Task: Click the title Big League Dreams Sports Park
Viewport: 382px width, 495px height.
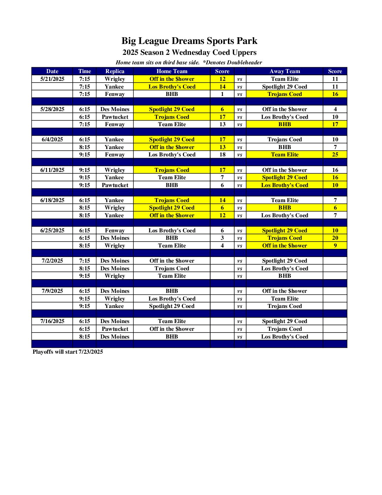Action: (189, 41)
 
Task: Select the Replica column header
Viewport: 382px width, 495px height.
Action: (115, 71)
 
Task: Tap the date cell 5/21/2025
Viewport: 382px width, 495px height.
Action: (52, 79)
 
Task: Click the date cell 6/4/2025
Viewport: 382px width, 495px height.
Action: (52, 140)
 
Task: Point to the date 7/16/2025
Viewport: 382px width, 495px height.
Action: (52, 321)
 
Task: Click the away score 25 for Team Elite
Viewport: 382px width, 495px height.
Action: (335, 155)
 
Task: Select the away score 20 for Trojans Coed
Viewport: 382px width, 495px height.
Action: (335, 238)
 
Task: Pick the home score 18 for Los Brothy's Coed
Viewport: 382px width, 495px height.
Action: (222, 155)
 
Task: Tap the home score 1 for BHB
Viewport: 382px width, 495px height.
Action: (222, 94)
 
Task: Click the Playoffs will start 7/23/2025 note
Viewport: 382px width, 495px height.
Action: (68, 352)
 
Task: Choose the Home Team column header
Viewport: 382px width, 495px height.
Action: (172, 71)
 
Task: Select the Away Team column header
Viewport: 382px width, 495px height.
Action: (284, 71)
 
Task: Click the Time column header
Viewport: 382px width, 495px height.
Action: (85, 71)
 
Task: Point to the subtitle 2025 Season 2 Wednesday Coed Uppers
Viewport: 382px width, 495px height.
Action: (189, 53)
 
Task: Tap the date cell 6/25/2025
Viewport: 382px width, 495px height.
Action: (52, 231)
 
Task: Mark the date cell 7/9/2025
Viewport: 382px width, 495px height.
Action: (52, 291)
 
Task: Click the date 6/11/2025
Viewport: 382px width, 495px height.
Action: (52, 170)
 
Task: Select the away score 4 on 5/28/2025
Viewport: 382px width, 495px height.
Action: (335, 109)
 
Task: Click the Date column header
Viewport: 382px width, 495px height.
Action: (52, 71)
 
